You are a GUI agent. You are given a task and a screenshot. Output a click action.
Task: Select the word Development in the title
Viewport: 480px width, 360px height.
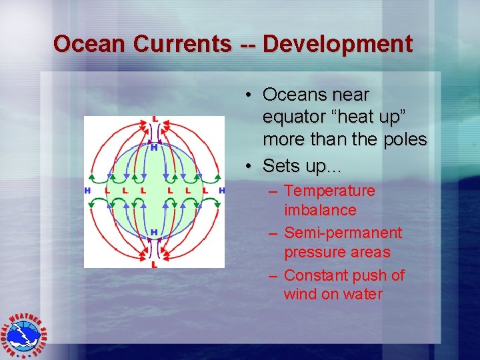click(338, 44)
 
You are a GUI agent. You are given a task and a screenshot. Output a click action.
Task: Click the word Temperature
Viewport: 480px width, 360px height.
click(329, 191)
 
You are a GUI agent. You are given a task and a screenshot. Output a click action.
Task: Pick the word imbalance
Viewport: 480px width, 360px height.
click(320, 211)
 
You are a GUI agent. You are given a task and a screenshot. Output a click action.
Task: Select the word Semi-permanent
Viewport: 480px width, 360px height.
click(343, 233)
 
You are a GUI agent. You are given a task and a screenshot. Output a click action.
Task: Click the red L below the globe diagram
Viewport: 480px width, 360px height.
click(155, 265)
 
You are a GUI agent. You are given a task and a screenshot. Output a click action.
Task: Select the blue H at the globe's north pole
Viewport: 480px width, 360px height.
click(154, 147)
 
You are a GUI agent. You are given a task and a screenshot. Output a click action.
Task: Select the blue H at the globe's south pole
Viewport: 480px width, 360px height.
click(154, 232)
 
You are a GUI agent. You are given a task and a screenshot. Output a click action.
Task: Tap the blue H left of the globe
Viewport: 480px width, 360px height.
click(87, 191)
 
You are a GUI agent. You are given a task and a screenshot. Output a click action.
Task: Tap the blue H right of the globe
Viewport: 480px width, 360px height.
click(222, 191)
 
